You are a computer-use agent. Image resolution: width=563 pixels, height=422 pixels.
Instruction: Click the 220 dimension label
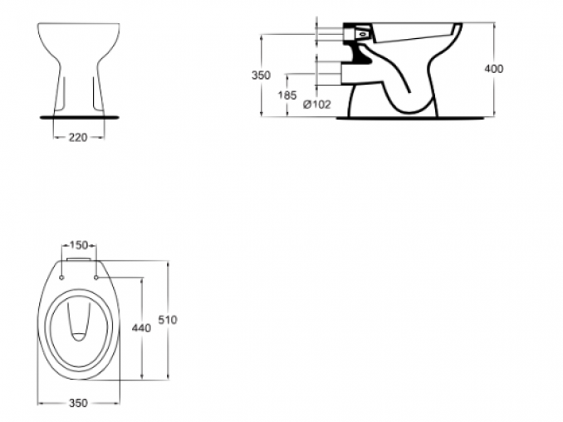pyautogui.click(x=78, y=137)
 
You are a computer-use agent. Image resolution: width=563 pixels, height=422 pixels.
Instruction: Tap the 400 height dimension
pyautogui.click(x=494, y=69)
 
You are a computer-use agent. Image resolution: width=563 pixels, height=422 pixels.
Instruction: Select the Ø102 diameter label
pyautogui.click(x=316, y=105)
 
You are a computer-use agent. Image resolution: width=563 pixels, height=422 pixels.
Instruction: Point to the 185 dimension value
pyautogui.click(x=287, y=96)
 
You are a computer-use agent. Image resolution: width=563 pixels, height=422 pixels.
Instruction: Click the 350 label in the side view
pyautogui.click(x=261, y=76)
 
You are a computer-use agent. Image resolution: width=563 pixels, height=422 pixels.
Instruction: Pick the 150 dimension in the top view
pyautogui.click(x=79, y=245)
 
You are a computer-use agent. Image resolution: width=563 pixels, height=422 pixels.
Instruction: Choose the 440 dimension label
pyautogui.click(x=141, y=328)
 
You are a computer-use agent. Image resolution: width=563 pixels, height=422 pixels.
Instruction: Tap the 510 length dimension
pyautogui.click(x=168, y=320)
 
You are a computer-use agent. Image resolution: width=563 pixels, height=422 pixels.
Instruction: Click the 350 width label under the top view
pyautogui.click(x=78, y=403)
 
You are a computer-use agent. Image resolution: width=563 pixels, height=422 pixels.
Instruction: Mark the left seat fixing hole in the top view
pyautogui.click(x=61, y=277)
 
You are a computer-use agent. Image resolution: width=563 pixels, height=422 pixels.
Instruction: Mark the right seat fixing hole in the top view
pyautogui.click(x=95, y=277)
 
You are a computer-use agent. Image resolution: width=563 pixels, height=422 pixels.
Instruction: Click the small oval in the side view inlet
pyautogui.click(x=364, y=35)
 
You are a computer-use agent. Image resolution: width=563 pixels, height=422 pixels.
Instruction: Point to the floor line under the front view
pyautogui.click(x=79, y=117)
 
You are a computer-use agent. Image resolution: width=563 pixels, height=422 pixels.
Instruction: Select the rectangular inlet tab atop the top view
pyautogui.click(x=79, y=259)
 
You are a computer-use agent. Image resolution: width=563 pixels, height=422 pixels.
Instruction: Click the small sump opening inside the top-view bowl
pyautogui.click(x=79, y=336)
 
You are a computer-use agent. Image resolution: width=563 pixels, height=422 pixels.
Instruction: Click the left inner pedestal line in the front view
pyautogui.click(x=64, y=94)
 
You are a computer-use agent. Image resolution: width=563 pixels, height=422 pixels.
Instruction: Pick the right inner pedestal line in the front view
pyautogui.click(x=95, y=94)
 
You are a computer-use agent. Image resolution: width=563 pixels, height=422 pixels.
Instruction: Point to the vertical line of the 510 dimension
pyautogui.click(x=169, y=321)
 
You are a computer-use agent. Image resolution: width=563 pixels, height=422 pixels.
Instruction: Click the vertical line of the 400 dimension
pyautogui.click(x=494, y=69)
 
